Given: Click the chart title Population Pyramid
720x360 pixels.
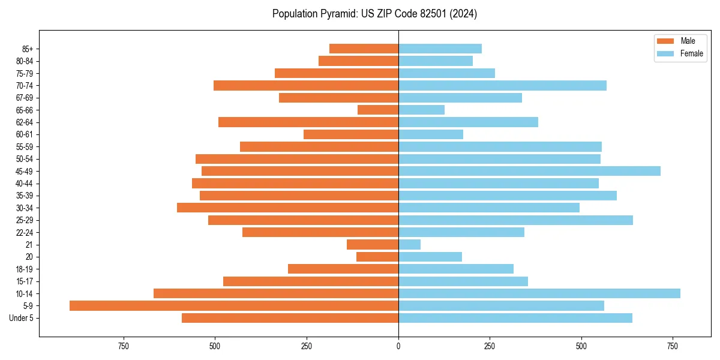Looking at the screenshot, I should pos(374,14).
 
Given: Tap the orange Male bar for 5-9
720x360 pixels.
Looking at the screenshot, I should pos(234,305).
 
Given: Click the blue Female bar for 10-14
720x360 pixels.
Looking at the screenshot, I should pos(539,293).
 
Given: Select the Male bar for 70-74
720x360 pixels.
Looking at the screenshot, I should pos(306,85).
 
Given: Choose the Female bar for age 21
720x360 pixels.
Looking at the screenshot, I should pos(410,244).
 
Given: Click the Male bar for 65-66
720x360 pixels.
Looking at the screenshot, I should pos(378,110).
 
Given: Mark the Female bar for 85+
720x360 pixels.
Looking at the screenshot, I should pos(440,49).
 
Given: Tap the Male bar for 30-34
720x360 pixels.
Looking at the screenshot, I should pos(288,208).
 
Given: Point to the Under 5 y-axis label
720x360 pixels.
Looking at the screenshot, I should pos(21,318).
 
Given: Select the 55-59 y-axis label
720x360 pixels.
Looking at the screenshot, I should pos(25,146).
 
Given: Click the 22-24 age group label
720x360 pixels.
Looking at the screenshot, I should pos(25,232).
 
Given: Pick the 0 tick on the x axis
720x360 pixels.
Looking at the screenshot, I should pos(398,346).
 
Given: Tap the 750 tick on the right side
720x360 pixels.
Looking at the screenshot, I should pos(673,346).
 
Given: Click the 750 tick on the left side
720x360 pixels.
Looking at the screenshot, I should pos(124,346).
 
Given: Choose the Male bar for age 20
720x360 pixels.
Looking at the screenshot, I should pos(377,257).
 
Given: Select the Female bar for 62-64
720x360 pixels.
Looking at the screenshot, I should pos(468,122).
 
